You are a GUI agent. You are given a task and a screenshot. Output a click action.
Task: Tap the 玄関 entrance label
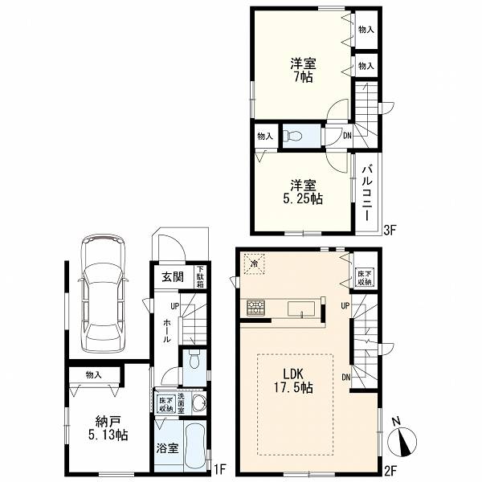(x=173, y=277)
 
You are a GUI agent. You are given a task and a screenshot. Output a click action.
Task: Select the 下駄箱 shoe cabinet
(x=200, y=276)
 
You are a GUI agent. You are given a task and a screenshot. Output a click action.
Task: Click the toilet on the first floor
(x=194, y=360)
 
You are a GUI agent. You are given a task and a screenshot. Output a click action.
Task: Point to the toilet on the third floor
(x=292, y=135)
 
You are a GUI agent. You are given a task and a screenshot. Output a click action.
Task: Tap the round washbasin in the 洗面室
(x=199, y=402)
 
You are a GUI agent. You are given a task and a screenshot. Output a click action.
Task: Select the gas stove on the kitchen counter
(x=255, y=308)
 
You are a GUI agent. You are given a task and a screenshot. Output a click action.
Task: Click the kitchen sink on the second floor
(x=301, y=308)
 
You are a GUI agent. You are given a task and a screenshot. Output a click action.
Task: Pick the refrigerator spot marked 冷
(x=254, y=263)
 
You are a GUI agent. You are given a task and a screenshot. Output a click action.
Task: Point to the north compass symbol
(x=402, y=438)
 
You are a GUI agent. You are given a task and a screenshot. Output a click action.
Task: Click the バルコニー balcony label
(x=368, y=194)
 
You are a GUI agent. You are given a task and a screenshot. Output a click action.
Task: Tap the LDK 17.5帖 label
(x=293, y=381)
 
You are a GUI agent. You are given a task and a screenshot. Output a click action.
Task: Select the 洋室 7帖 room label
(x=304, y=71)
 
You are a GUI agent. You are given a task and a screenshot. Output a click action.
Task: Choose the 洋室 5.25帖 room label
(x=303, y=192)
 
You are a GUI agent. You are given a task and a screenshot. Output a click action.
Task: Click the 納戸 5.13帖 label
(x=108, y=427)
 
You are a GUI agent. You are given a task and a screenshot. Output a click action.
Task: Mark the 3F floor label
(x=390, y=230)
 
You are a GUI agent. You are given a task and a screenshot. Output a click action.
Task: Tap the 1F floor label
(x=220, y=469)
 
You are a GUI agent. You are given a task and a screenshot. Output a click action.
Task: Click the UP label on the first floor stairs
(x=174, y=306)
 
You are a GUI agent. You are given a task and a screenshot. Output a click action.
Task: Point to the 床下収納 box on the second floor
(x=364, y=278)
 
